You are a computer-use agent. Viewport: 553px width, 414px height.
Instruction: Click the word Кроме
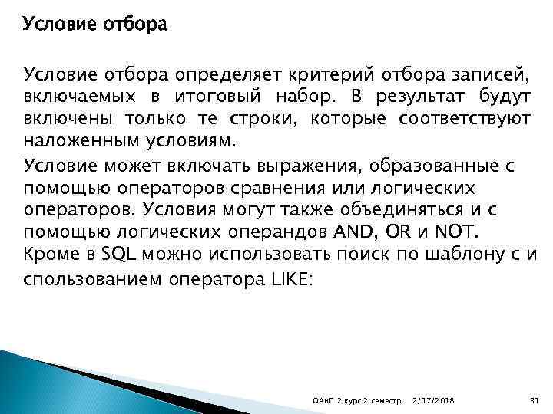[x=48, y=255]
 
